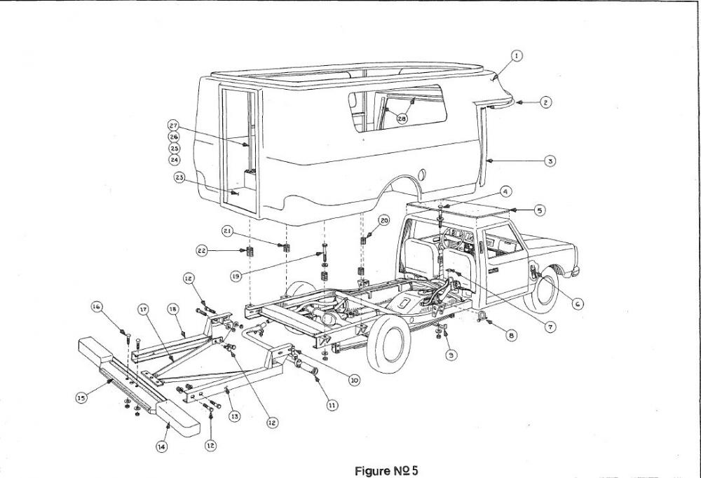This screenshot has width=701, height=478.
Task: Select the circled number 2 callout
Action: pos(546,102)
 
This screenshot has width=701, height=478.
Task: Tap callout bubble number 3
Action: pos(551,161)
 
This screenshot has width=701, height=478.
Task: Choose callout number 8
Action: pos(511,336)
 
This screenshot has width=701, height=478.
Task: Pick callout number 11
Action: pos(331,404)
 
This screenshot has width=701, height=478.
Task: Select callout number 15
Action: pos(82,397)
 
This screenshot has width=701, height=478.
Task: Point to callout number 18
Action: pos(172,309)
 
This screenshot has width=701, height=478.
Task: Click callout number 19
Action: pos(236,277)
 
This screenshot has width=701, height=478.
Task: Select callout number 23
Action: pos(180,178)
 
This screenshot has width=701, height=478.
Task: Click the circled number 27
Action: pos(173,125)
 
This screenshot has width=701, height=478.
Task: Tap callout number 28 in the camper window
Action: pos(402,119)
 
